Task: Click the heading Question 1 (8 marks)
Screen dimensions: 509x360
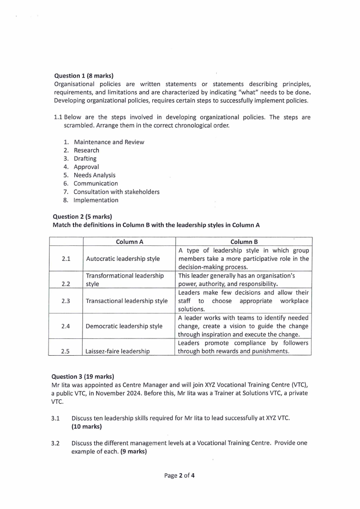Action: (83, 76)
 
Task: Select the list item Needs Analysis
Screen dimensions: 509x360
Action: (94, 175)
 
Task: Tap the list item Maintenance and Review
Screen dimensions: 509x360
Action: (109, 142)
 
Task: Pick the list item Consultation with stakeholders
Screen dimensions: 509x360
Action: (117, 192)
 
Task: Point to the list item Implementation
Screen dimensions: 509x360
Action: (96, 200)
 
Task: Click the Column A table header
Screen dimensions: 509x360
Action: (129, 242)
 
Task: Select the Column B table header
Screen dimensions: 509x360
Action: (243, 242)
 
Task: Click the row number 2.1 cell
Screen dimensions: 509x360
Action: (66, 259)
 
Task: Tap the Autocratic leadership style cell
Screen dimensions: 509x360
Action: (122, 259)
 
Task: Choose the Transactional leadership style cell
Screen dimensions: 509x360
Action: (126, 301)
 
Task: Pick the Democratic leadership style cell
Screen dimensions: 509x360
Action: (124, 326)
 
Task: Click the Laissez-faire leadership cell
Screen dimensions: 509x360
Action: (118, 351)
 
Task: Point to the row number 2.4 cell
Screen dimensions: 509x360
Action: (66, 326)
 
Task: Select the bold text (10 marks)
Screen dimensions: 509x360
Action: (87, 427)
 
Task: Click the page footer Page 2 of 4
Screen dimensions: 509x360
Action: (180, 476)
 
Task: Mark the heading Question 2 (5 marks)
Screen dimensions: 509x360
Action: (82, 216)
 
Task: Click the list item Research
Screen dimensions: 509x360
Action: (86, 150)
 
